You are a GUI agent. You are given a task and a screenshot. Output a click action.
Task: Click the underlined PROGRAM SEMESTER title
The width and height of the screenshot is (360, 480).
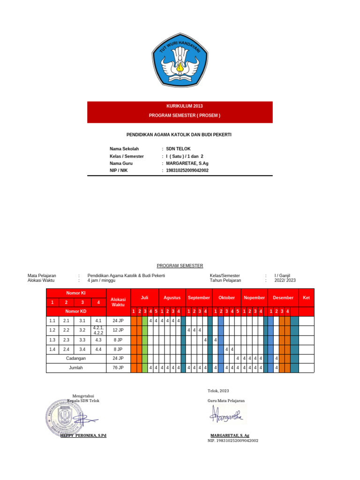pos(180,266)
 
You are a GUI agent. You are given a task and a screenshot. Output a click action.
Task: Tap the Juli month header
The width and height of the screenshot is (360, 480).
pos(144,298)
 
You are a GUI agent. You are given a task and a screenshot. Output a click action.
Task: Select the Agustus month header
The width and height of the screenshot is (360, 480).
pos(172,298)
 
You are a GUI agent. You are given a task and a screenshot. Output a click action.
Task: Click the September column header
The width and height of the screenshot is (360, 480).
pos(199,298)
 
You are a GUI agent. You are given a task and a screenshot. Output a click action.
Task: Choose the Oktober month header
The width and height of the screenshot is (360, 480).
pos(226,298)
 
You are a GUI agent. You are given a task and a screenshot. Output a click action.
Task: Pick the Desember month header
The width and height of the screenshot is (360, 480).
pos(283,298)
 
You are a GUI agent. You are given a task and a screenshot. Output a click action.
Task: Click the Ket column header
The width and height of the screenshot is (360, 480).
pos(307,298)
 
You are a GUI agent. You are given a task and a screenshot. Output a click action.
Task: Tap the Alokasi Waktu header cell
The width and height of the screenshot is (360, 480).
pos(118,302)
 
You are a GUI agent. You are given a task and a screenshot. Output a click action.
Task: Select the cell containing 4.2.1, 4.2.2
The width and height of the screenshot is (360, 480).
pos(98,330)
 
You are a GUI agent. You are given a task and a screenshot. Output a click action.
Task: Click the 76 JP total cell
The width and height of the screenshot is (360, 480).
pos(118,368)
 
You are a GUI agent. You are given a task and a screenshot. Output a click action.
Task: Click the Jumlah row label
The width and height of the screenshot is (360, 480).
pos(76,368)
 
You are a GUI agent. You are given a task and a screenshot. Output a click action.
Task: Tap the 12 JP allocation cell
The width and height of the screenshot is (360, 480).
pos(118,330)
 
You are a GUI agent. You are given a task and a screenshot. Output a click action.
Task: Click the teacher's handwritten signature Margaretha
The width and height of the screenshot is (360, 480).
pos(227,414)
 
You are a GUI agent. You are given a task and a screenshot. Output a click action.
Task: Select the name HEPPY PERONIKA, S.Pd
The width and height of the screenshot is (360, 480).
pos(83,435)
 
